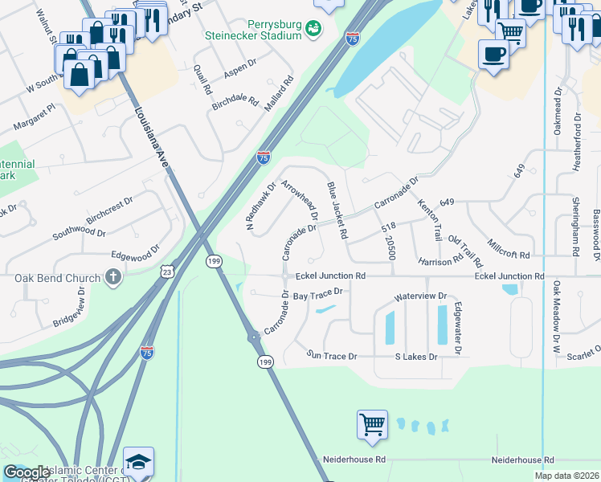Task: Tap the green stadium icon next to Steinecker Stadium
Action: pyautogui.click(x=314, y=29)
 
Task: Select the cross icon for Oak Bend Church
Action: pyautogui.click(x=113, y=278)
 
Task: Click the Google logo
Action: pyautogui.click(x=27, y=472)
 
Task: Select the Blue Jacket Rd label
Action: pyautogui.click(x=337, y=210)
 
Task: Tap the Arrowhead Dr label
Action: pyautogui.click(x=300, y=200)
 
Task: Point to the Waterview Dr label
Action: pyautogui.click(x=419, y=296)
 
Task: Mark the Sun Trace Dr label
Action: pyautogui.click(x=331, y=355)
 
